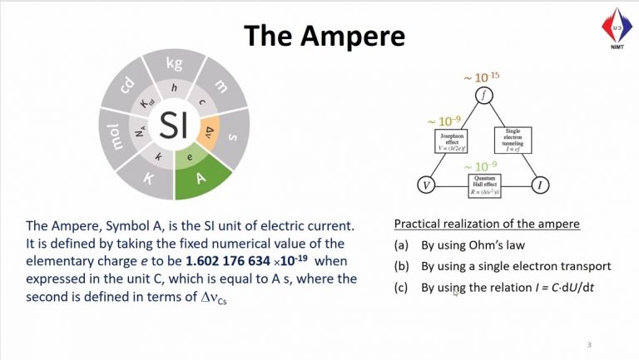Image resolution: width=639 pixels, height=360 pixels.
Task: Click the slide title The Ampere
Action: click(x=324, y=35)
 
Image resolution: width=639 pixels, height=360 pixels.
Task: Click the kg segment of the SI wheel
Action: click(x=174, y=64)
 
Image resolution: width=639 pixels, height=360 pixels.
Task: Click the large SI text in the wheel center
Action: click(x=174, y=126)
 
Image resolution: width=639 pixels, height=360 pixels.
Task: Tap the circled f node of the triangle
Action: click(x=485, y=96)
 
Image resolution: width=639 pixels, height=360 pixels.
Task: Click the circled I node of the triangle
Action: click(x=541, y=185)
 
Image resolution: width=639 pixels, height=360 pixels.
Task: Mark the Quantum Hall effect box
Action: click(x=484, y=184)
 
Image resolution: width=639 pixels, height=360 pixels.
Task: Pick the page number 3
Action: click(x=588, y=344)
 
